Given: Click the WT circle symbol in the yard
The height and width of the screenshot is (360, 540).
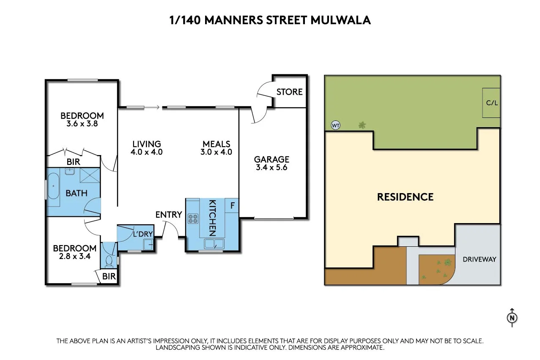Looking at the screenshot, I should (335, 125).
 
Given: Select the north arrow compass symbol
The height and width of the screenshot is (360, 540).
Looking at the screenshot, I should (512, 318).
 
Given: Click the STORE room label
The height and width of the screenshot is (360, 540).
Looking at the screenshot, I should (290, 92).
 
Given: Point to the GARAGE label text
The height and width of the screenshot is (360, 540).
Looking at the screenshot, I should (271, 159).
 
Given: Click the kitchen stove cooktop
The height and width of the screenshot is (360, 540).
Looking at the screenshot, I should (193, 218).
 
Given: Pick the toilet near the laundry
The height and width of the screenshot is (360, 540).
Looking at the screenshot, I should (109, 261).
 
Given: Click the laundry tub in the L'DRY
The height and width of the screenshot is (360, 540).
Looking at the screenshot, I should (148, 244).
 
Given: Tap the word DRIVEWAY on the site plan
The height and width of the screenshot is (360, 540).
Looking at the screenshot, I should (479, 259).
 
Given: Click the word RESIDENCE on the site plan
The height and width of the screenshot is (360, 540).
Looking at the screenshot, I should (405, 197).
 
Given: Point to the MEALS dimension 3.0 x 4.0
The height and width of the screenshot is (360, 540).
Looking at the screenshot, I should (216, 152).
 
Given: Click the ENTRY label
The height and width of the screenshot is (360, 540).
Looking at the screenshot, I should (168, 215).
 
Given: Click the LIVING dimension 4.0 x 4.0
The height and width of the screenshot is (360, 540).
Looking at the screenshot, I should (146, 152).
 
